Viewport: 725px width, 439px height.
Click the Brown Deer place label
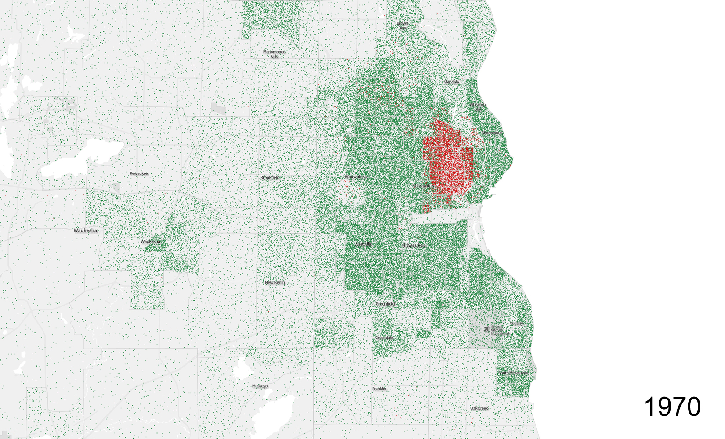[x=402, y=25]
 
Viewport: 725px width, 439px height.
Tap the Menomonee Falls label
[x=274, y=54]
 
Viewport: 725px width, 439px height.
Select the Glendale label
[x=451, y=82]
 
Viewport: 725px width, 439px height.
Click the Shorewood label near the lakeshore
[x=491, y=133]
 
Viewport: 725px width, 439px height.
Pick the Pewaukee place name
[x=139, y=173]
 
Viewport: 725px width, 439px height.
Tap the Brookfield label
[x=270, y=177]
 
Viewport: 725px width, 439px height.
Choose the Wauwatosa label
[x=355, y=177]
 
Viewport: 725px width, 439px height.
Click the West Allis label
[x=363, y=244]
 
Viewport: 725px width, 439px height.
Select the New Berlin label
[x=275, y=282]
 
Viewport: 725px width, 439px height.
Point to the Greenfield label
[x=385, y=304]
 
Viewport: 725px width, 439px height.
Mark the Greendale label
[x=384, y=338]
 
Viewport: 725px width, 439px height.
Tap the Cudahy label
[x=516, y=324]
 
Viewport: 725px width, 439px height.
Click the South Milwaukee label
[x=513, y=373]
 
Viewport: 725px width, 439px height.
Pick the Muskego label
[x=260, y=386]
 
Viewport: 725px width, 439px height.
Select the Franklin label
[x=379, y=389]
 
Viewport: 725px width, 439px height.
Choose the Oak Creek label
[x=479, y=408]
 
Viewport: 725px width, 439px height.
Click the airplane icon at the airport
[x=486, y=329]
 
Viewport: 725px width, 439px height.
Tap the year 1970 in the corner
[x=672, y=407]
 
